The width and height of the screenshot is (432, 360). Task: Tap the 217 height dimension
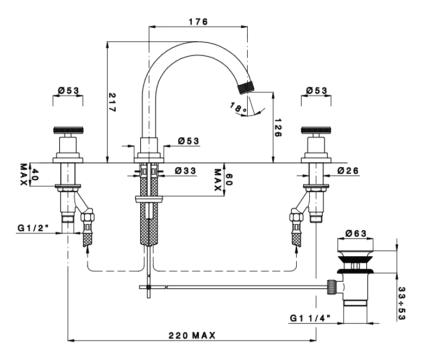tap(112, 102)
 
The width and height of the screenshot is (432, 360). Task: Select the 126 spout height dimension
tap(278, 128)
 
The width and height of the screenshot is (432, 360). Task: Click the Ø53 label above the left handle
tap(68, 90)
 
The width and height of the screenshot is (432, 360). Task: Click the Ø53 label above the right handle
tap(316, 90)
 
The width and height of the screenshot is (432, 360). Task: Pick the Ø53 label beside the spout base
tap(188, 141)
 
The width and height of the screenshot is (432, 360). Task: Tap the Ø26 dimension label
tap(347, 171)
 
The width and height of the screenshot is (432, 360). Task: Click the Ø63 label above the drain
tap(355, 234)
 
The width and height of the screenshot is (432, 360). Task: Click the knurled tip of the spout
tap(247, 86)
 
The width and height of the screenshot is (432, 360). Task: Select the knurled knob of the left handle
tap(67, 131)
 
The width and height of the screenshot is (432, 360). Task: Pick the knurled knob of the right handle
tap(317, 131)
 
